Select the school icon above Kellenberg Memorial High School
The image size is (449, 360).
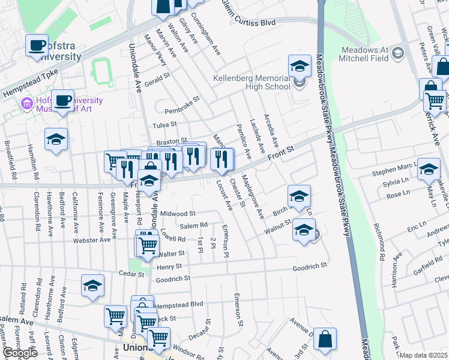(x=300, y=66)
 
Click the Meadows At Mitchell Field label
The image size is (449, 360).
(x=365, y=54)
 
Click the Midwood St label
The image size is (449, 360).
(x=178, y=213)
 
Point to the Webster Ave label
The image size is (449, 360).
(x=92, y=240)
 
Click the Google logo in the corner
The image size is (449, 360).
(x=20, y=352)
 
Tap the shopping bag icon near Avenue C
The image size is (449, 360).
(x=325, y=338)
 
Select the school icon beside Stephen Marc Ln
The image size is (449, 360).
(x=429, y=169)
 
